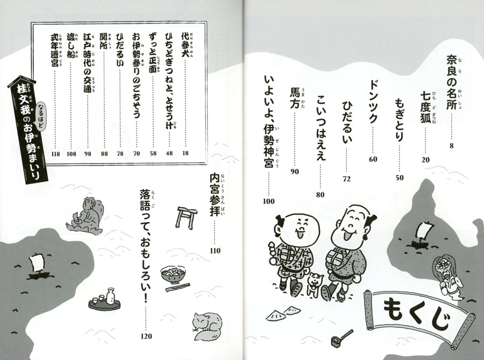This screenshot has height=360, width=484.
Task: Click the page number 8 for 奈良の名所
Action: (452, 146)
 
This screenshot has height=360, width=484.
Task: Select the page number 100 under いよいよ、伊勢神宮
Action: (268, 201)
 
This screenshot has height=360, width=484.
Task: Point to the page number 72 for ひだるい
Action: (347, 179)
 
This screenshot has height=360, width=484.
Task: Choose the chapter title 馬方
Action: (295, 98)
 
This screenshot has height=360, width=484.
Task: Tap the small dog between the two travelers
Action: (314, 284)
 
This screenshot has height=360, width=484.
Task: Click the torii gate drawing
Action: (187, 217)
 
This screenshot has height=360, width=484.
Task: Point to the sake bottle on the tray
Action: (110, 297)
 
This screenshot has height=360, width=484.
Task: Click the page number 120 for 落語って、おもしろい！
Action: (146, 336)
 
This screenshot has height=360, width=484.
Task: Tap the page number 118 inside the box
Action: (55, 154)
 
